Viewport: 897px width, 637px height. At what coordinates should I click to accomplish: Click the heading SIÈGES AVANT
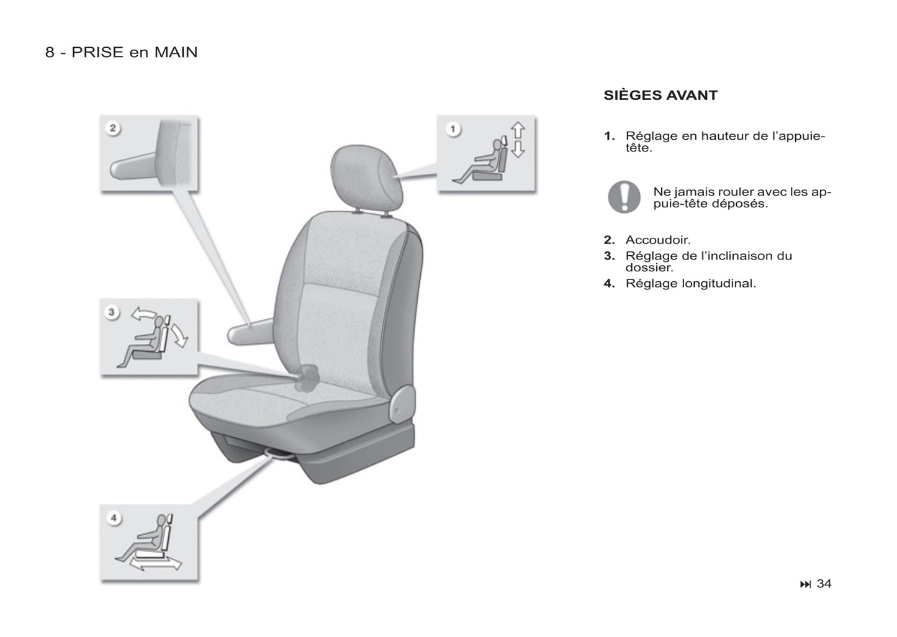click(x=660, y=95)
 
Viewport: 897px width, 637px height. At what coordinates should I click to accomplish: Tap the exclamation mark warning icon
click(x=624, y=197)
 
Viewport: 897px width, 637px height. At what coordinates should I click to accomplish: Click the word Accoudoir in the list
click(x=657, y=240)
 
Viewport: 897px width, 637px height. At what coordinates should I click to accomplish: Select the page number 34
click(x=824, y=584)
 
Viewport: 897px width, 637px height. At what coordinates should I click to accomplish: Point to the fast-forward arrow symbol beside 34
click(x=805, y=584)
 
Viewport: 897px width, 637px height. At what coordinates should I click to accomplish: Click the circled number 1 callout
click(x=453, y=129)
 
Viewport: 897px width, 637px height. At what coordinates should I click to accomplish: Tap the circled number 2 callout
click(x=113, y=128)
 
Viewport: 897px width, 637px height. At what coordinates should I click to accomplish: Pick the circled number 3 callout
click(x=112, y=312)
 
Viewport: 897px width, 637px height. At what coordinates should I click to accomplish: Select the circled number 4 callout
click(x=114, y=518)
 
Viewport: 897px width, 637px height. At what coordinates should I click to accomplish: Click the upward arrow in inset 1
click(x=518, y=130)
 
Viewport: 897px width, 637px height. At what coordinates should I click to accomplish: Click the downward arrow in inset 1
click(x=518, y=148)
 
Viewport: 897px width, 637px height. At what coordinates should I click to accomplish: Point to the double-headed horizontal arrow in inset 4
click(x=155, y=564)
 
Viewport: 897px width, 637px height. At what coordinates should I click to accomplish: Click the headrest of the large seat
click(x=366, y=177)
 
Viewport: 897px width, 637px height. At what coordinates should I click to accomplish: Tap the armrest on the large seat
click(x=250, y=332)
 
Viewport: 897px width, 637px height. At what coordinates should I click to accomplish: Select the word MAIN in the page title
click(x=176, y=53)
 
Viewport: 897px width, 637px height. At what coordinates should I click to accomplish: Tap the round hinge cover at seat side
click(x=402, y=404)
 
